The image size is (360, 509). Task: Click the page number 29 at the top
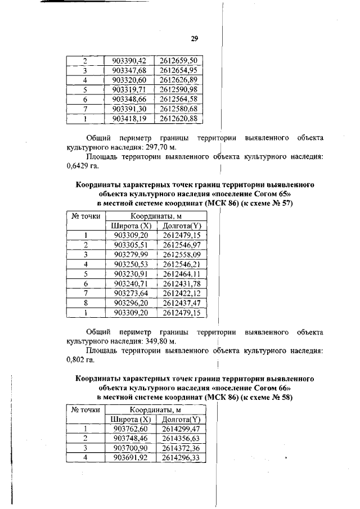195,38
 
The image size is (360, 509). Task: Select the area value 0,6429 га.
79,166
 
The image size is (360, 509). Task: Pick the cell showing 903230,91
130,274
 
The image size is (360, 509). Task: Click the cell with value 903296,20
130,303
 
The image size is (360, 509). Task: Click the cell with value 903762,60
130,429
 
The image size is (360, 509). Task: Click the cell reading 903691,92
130,458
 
